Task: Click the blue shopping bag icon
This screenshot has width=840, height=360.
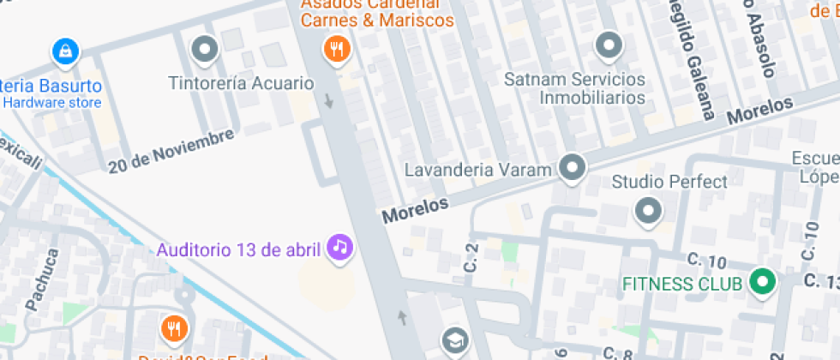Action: tap(64, 51)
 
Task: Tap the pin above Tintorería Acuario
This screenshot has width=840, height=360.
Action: tap(204, 50)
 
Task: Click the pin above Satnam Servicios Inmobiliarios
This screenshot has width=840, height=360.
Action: tap(609, 45)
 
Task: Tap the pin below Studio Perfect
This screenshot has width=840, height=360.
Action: tap(648, 211)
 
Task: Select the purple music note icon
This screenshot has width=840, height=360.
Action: tap(341, 249)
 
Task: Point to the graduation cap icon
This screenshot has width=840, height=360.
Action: tap(455, 342)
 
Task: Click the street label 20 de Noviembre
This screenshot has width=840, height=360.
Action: tap(171, 151)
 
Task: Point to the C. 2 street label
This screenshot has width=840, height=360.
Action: tap(471, 258)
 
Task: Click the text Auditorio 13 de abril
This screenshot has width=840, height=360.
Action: tap(238, 250)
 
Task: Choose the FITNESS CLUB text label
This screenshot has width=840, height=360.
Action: tap(681, 283)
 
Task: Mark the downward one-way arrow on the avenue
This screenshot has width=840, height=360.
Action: tap(329, 101)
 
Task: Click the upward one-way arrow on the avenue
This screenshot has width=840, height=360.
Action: tap(401, 319)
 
